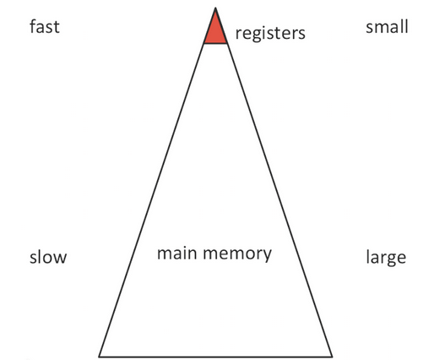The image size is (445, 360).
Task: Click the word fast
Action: click(x=45, y=27)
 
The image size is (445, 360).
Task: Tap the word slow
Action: click(x=48, y=257)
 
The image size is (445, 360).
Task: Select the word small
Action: click(x=387, y=27)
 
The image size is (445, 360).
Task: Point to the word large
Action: click(x=386, y=258)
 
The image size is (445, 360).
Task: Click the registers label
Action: click(x=270, y=33)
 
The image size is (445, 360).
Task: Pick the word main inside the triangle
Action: click(x=176, y=253)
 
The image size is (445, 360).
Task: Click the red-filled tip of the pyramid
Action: click(x=215, y=31)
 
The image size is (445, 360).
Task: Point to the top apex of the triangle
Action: click(x=215, y=8)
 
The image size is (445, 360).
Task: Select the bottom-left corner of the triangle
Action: click(x=99, y=357)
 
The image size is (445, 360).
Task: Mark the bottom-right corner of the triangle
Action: click(x=332, y=357)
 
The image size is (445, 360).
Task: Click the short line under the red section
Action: click(x=215, y=43)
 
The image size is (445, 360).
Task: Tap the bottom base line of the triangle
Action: click(x=215, y=357)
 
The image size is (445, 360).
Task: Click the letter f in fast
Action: click(x=33, y=26)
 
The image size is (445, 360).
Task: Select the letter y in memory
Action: click(x=267, y=256)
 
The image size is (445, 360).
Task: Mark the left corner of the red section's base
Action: click(x=204, y=43)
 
